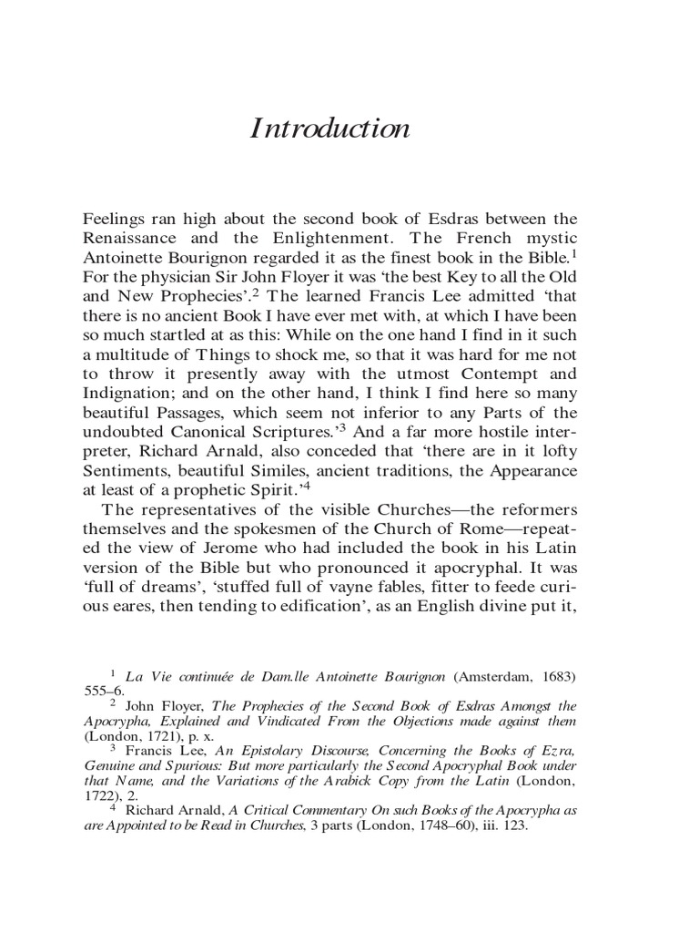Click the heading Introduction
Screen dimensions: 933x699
[329, 129]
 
